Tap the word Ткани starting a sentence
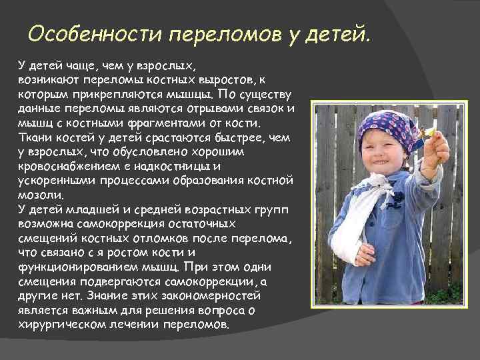tap(33, 137)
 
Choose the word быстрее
tap(213, 137)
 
